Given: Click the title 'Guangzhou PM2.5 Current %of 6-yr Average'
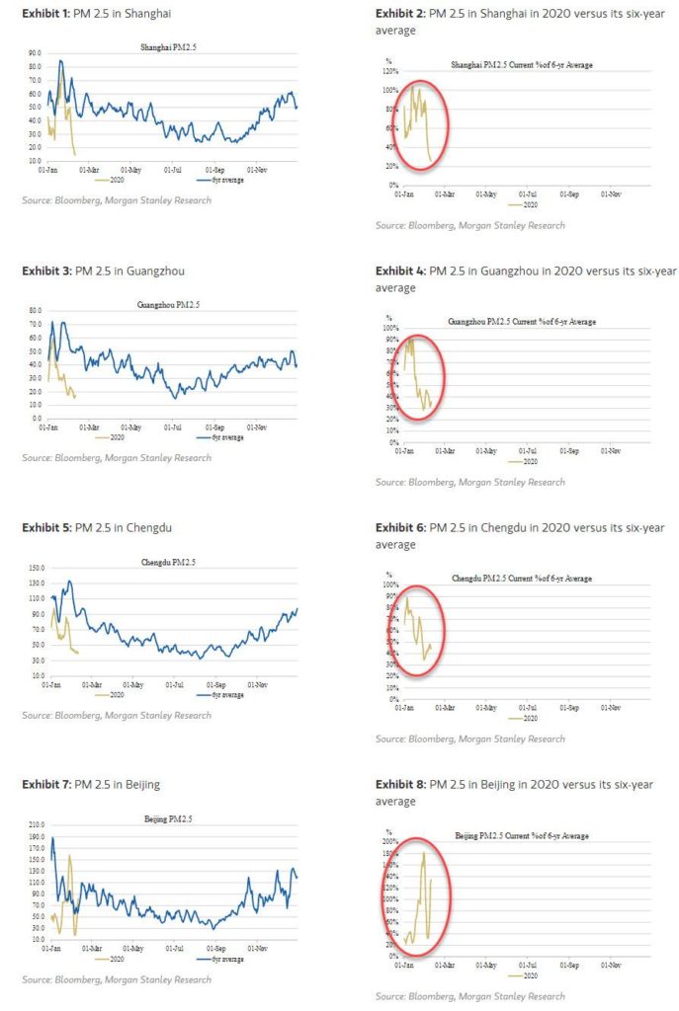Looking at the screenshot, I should click(522, 322).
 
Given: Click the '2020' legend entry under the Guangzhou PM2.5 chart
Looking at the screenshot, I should click(117, 436).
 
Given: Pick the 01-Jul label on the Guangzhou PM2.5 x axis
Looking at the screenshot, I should click(174, 428).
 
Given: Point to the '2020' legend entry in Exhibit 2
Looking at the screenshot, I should click(528, 203).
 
